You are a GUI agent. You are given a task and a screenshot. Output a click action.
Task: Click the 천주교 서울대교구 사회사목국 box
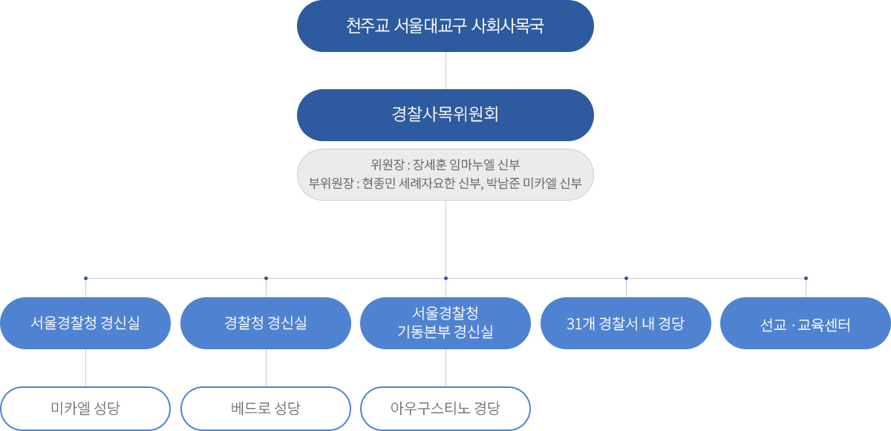(446, 26)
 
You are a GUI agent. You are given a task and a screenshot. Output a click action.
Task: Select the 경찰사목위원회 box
(446, 115)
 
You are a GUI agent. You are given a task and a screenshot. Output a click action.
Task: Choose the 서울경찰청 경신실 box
(85, 323)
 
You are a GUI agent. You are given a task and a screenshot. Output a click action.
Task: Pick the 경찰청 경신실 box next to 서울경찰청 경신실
(266, 323)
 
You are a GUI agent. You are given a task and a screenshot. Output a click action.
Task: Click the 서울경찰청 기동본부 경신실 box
(446, 323)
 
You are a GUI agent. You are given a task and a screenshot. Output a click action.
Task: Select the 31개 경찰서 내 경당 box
(626, 323)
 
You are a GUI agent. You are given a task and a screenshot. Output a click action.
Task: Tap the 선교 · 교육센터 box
(806, 324)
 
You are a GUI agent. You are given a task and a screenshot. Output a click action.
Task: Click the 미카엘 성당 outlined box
(85, 408)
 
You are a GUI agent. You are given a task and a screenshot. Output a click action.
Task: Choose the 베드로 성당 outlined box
(266, 408)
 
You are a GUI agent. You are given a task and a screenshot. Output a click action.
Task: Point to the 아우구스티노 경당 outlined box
(446, 408)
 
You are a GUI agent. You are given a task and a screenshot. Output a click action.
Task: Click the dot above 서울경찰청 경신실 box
(86, 279)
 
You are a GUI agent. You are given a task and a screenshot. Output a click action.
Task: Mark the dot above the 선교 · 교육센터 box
(806, 279)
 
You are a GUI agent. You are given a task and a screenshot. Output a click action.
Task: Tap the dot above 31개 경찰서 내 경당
(626, 279)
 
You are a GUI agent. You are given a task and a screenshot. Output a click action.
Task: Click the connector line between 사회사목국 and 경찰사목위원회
(446, 71)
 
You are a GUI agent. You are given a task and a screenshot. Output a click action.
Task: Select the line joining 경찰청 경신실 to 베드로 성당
(266, 368)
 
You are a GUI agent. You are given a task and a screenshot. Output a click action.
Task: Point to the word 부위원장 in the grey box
(330, 183)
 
